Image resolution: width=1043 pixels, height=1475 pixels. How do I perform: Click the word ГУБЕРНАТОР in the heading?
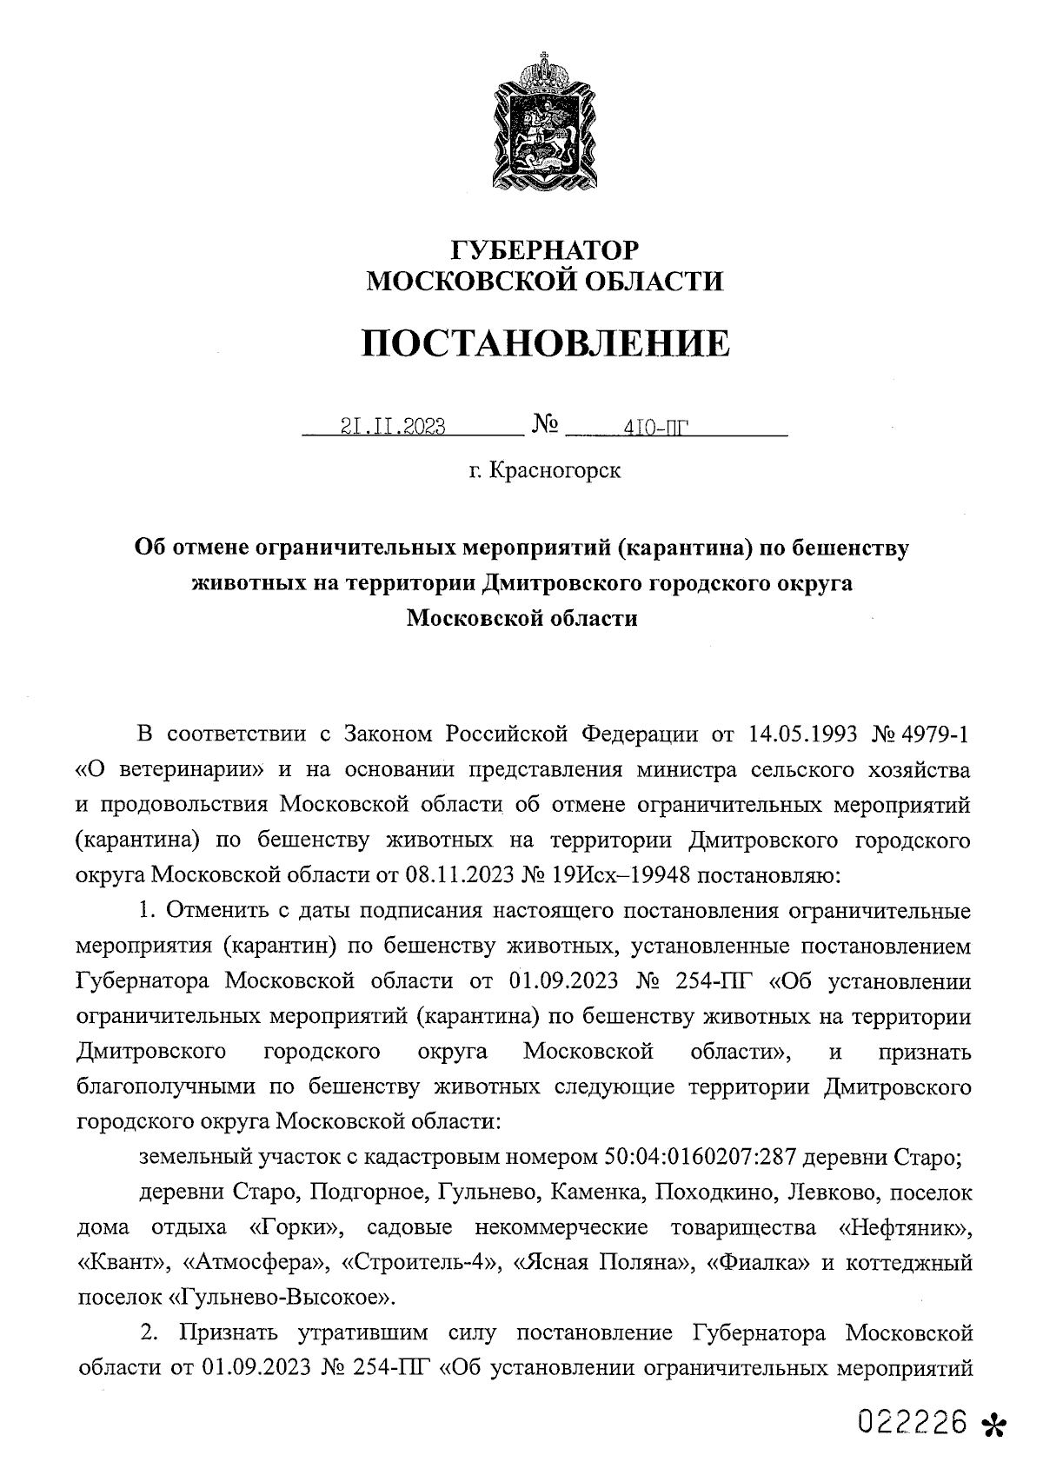545,250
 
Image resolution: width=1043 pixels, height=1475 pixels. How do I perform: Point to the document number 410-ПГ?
651,428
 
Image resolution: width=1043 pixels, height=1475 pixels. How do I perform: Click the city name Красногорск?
555,471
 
